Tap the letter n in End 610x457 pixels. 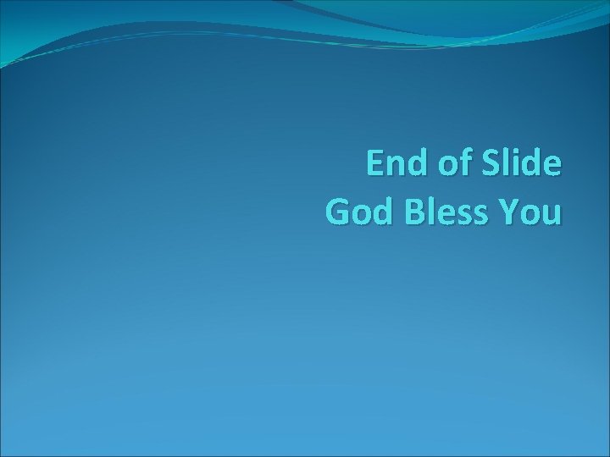point(397,167)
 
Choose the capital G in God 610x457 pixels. point(337,212)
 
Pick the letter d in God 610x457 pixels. point(380,212)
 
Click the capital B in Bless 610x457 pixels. point(415,212)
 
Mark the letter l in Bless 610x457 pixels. point(432,211)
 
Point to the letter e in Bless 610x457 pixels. point(447,215)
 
